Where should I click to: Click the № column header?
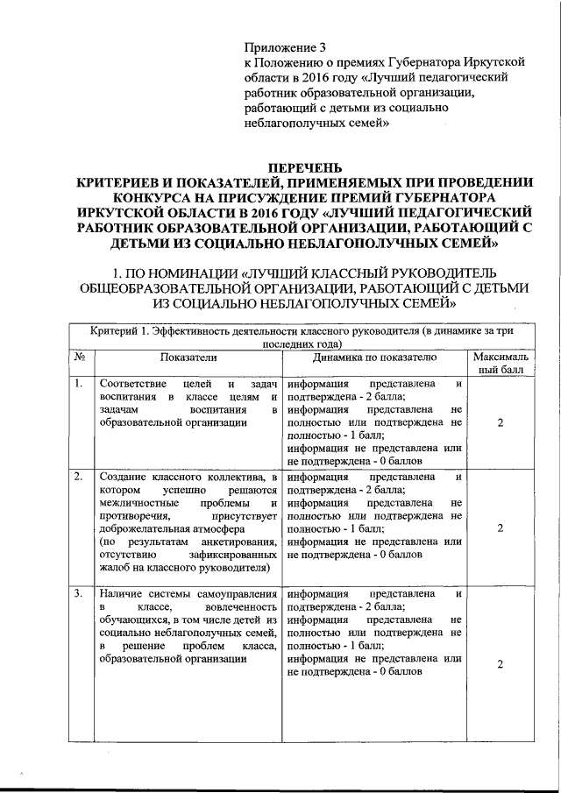click(80, 358)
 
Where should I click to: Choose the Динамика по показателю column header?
click(374, 358)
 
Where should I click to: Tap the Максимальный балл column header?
click(500, 364)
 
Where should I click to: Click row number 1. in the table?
click(79, 384)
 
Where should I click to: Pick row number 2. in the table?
click(79, 477)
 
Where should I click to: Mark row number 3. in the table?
click(79, 595)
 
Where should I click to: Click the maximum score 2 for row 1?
click(500, 423)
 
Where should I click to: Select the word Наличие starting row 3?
click(122, 595)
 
